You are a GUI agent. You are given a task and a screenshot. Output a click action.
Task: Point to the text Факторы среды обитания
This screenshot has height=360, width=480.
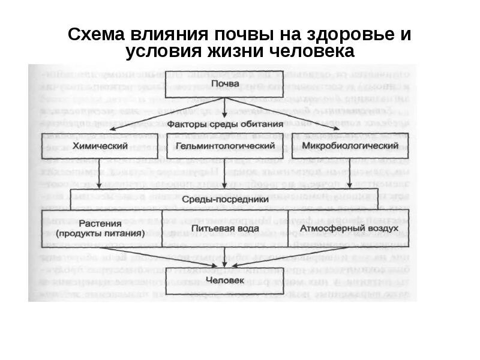tap(224, 124)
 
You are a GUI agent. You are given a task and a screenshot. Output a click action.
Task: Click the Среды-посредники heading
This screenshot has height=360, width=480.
tap(224, 199)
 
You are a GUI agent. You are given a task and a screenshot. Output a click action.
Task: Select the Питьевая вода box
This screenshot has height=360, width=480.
tap(224, 229)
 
